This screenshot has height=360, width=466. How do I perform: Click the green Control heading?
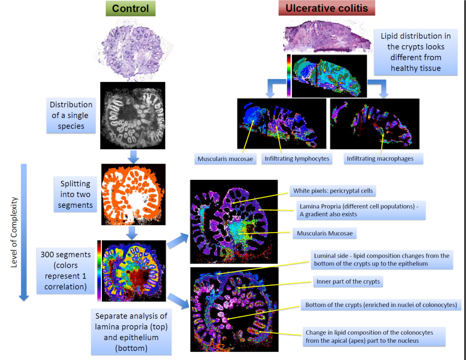click(x=130, y=8)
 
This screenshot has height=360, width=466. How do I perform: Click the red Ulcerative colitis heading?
click(x=327, y=8)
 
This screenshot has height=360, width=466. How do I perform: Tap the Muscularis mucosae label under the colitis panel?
click(x=225, y=159)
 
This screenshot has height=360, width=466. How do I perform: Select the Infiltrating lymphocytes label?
click(x=297, y=159)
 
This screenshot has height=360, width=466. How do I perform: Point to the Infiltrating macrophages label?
click(x=380, y=159)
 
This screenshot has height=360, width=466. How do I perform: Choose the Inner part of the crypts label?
click(x=348, y=282)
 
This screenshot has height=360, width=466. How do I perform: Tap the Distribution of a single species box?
click(x=71, y=116)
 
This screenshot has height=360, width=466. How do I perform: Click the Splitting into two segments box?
click(x=75, y=194)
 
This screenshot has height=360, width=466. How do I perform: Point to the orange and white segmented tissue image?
click(x=133, y=194)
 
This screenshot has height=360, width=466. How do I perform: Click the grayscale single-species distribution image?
click(x=133, y=115)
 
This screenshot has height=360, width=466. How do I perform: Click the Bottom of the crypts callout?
click(x=381, y=305)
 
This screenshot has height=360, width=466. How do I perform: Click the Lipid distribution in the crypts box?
click(x=416, y=52)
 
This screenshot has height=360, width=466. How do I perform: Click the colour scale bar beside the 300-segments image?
click(x=100, y=270)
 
